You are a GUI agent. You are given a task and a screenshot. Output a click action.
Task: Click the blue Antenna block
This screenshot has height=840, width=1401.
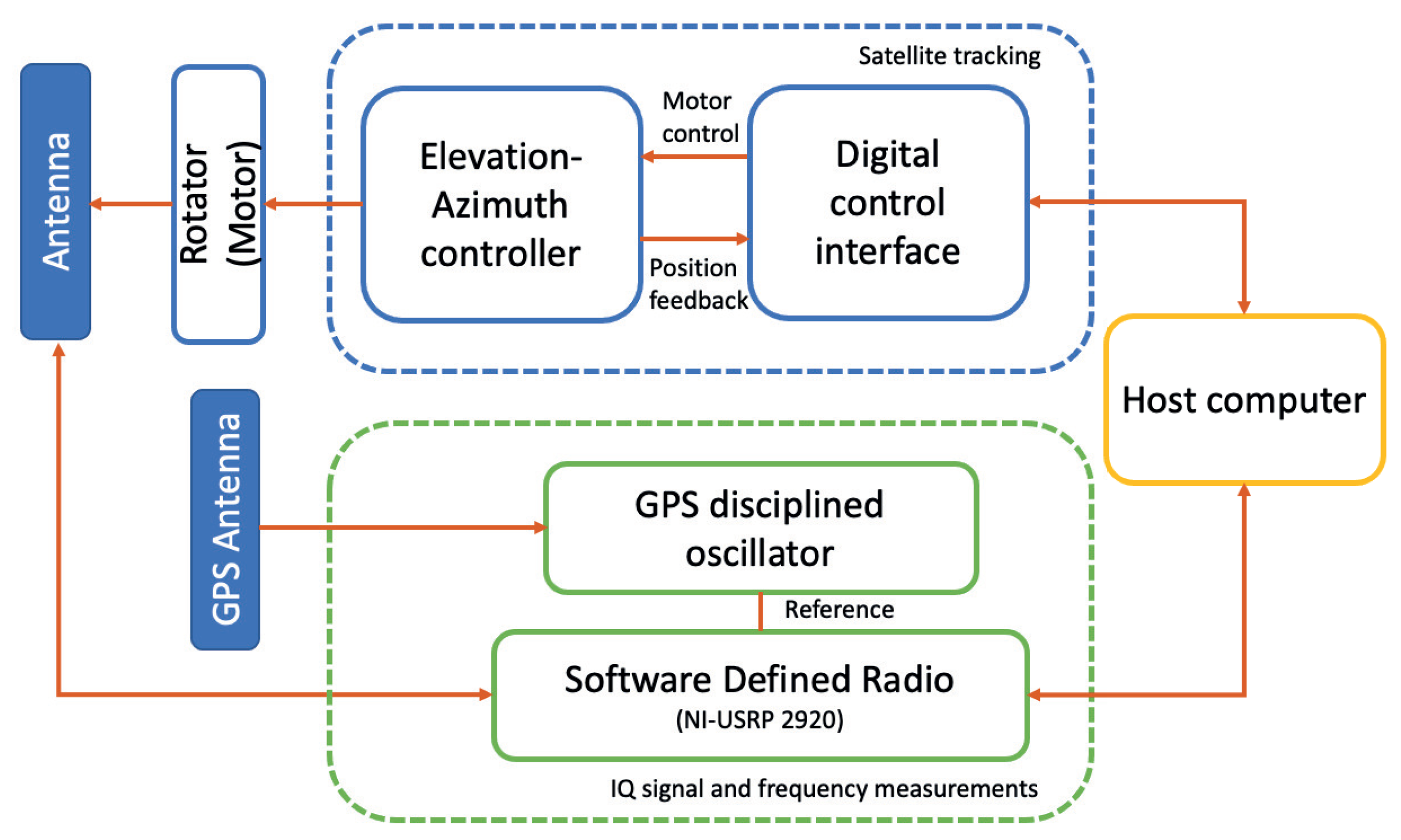56,201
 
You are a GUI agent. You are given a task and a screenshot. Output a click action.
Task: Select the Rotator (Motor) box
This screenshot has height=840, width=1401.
218,204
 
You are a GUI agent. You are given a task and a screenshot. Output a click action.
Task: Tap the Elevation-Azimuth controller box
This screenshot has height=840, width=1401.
501,204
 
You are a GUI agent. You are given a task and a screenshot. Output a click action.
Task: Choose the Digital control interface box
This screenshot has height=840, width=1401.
888,203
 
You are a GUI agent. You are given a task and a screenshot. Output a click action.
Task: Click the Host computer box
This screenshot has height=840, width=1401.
1244,400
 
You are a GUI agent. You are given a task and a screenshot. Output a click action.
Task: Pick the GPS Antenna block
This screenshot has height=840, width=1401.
225,519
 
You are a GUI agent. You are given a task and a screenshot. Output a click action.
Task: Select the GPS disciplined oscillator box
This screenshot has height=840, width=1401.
760,528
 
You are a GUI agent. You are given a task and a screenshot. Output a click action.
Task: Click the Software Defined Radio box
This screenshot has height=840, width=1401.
760,695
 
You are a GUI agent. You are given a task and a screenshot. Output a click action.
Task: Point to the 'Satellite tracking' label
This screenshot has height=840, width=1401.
949,56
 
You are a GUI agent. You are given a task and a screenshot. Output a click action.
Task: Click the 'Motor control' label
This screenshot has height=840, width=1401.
700,118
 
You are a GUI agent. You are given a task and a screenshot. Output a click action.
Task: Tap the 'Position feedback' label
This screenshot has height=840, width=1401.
698,284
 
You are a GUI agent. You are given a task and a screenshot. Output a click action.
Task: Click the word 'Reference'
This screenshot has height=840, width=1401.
839,610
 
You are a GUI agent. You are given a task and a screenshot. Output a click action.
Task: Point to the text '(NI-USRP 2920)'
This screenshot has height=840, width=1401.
760,720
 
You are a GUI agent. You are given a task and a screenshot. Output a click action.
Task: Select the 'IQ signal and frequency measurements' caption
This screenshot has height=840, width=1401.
824,788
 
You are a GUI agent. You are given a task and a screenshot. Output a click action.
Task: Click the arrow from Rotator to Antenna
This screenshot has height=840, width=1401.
131,204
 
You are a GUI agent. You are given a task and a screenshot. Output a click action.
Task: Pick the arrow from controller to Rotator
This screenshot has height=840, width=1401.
314,204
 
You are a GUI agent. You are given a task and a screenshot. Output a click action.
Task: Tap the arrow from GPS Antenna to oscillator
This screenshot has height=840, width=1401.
402,527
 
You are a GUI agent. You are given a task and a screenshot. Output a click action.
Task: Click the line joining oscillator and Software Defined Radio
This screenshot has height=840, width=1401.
760,612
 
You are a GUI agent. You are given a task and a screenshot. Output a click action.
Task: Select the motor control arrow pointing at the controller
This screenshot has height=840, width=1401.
695,156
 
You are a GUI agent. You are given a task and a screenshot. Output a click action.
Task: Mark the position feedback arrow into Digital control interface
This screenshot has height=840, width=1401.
695,239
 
